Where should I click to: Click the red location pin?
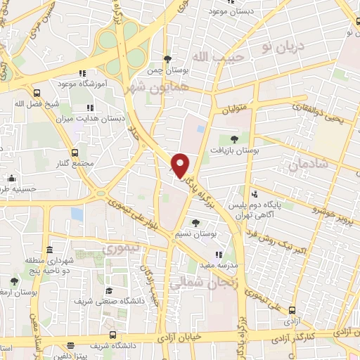pyautogui.click(x=181, y=165)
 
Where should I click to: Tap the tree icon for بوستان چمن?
pyautogui.click(x=167, y=59)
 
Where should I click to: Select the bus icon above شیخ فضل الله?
pyautogui.click(x=37, y=91)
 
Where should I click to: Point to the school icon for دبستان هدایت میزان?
pyautogui.click(x=89, y=108)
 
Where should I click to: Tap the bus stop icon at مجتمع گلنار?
pyautogui.click(x=75, y=153)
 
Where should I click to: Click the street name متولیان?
pyautogui.click(x=236, y=111)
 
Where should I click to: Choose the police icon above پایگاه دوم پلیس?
pyautogui.click(x=254, y=194)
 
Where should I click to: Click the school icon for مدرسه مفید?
pyautogui.click(x=219, y=255)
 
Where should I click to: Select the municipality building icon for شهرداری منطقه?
pyautogui.click(x=50, y=250)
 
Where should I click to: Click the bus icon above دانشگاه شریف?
pyautogui.click(x=114, y=336)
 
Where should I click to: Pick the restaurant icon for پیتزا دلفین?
pyautogui.click(x=72, y=345)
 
